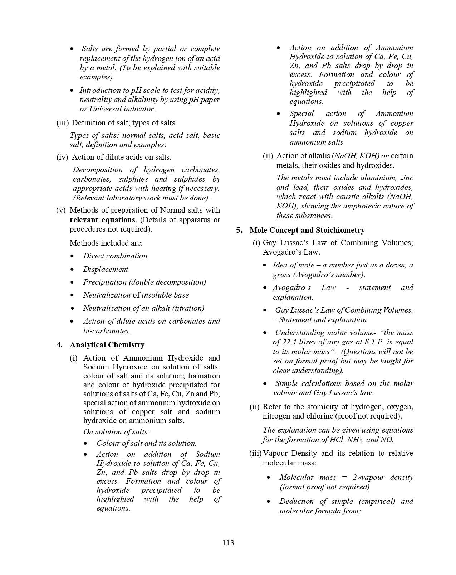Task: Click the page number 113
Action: pos(228,543)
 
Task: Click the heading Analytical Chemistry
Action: pos(107,345)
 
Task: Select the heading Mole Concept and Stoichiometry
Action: pos(307,230)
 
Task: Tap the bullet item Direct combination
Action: pos(115,256)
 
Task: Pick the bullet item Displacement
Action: pos(106,269)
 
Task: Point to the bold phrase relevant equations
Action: pos(103,220)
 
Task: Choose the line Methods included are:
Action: pos(106,243)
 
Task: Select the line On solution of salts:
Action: pos(117,432)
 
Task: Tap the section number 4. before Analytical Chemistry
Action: pos(60,345)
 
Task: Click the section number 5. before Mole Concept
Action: pos(239,230)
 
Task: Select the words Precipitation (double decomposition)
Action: pos(144,282)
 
